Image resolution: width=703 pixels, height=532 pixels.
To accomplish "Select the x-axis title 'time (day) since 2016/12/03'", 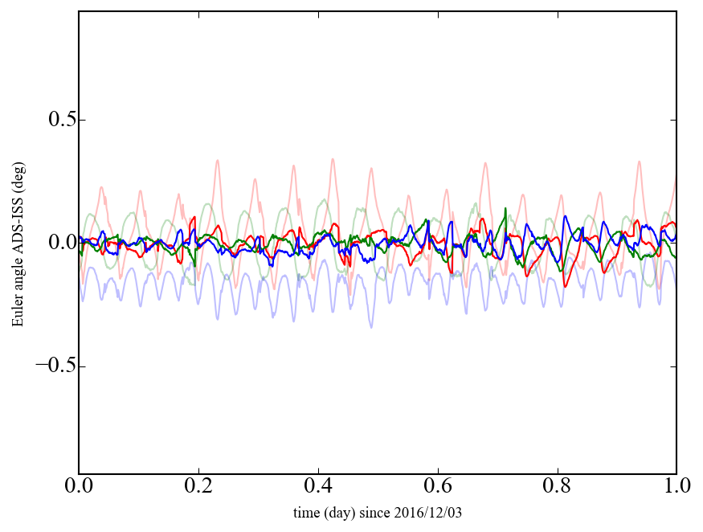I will (x=378, y=513).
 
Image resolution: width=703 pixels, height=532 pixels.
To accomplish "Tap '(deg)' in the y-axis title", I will (x=18, y=174).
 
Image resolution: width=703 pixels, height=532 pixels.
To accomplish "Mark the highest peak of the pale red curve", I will (x=333, y=159).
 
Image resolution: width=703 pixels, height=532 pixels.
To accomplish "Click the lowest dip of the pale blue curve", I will (x=371, y=327).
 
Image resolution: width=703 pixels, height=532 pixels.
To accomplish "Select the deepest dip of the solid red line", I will (x=566, y=286).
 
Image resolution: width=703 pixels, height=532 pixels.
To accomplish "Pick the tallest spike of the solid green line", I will (x=505, y=209).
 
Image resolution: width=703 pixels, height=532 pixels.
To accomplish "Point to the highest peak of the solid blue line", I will (x=566, y=216).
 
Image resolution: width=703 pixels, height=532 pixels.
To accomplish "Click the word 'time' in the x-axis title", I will (x=306, y=513).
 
